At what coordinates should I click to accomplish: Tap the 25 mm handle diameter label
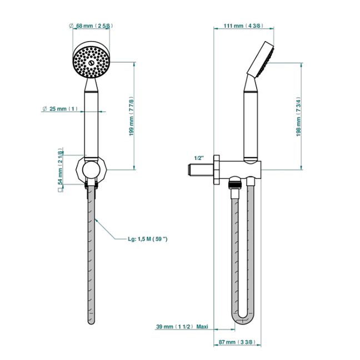tap(62, 109)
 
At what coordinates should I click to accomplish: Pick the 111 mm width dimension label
tap(240, 26)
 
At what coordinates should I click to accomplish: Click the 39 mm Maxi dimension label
tap(182, 327)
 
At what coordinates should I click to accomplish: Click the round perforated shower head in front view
tap(92, 59)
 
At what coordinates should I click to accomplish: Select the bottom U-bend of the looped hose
tap(243, 319)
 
